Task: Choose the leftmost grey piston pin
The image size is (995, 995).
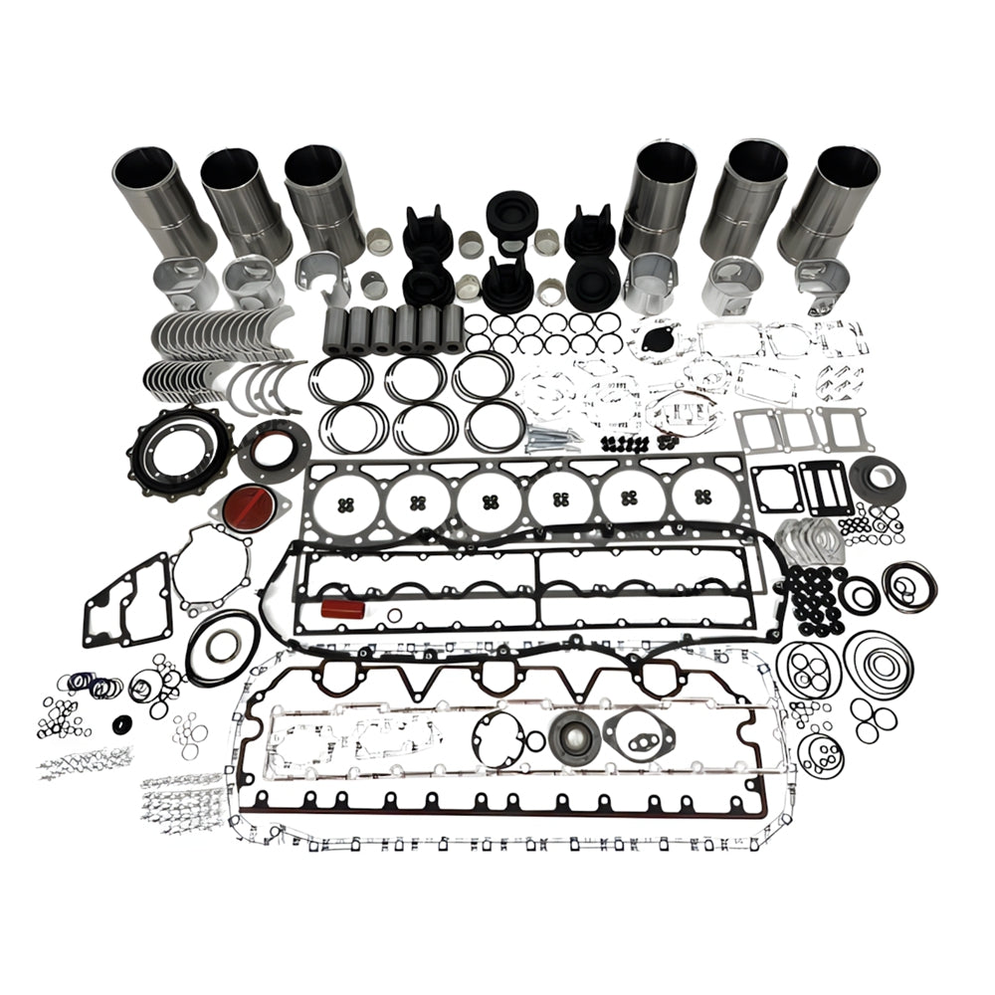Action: point(335,327)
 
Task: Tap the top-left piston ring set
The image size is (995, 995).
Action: point(340,377)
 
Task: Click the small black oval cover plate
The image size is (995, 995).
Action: point(657,337)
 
